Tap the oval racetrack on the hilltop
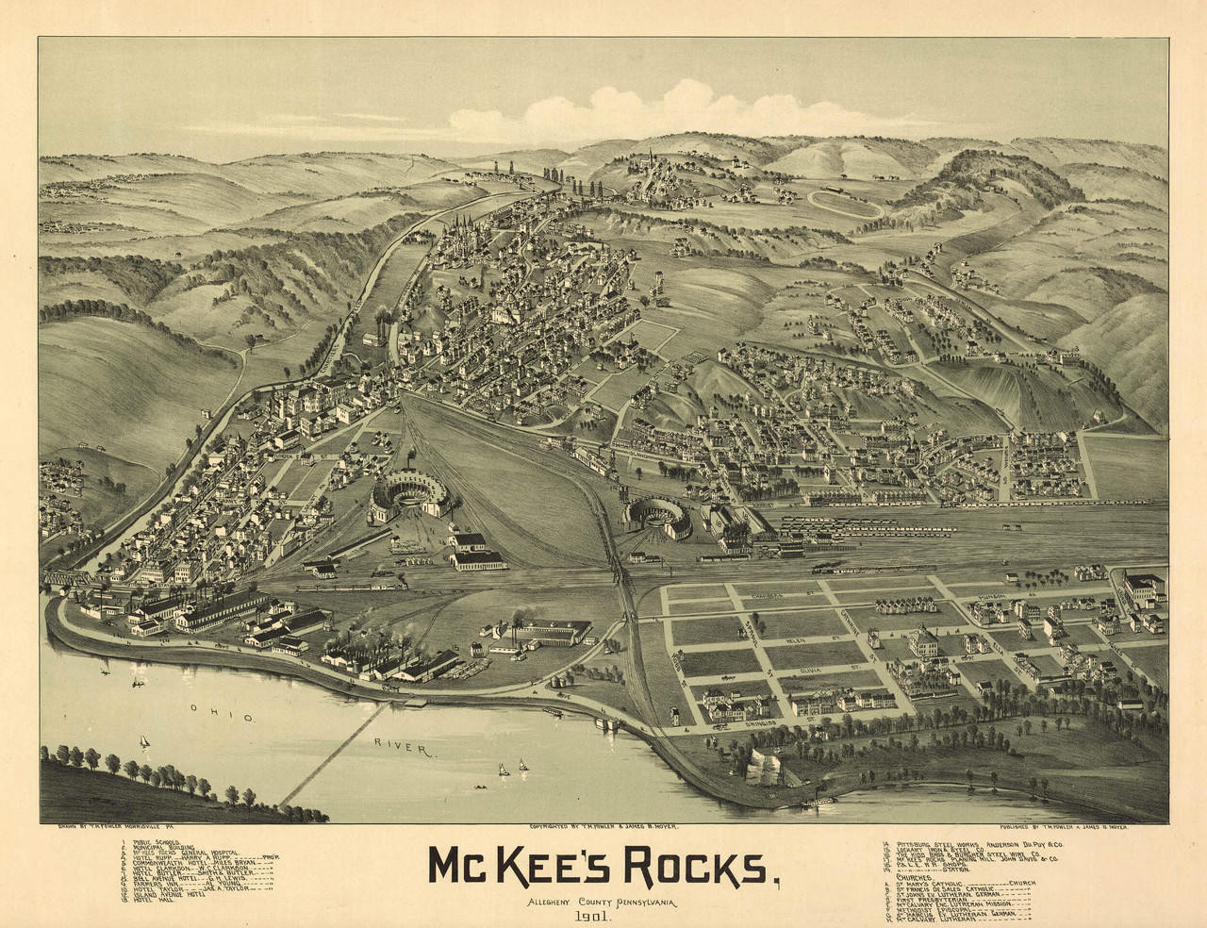pos(845,204)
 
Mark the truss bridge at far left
pos(66,577)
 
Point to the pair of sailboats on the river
pos(513,768)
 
